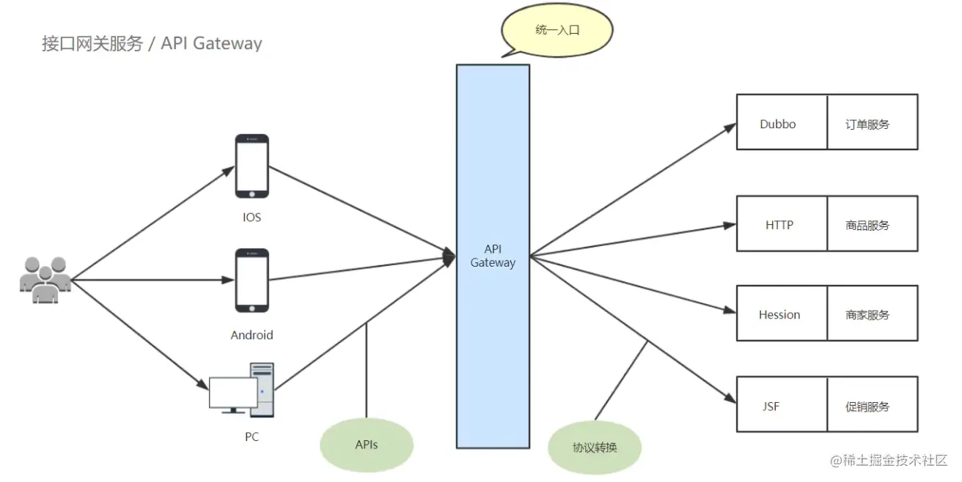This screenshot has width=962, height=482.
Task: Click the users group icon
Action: click(x=45, y=279)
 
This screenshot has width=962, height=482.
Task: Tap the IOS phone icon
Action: click(x=251, y=166)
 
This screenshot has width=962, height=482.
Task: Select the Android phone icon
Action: click(x=251, y=281)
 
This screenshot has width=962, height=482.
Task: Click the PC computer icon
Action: click(x=242, y=390)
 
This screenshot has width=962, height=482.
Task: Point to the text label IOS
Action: click(x=251, y=218)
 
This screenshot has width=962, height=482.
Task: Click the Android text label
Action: click(x=251, y=335)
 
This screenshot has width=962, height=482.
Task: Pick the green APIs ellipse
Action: click(x=367, y=445)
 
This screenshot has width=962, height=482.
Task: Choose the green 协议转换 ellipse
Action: click(x=595, y=446)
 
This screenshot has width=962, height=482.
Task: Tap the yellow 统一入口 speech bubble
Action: click(x=557, y=31)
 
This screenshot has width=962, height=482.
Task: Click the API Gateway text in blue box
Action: click(x=493, y=256)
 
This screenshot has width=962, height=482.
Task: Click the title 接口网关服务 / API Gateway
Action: click(x=152, y=43)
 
